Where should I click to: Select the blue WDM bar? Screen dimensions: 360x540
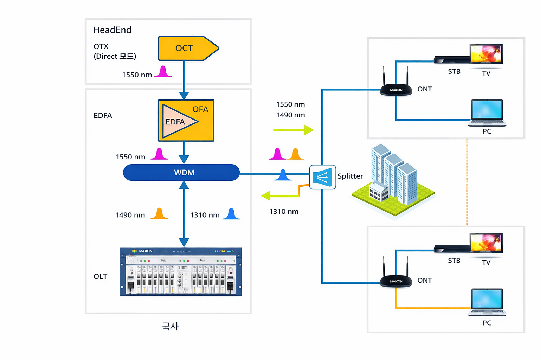(x=181, y=173)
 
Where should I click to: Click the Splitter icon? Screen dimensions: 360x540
(x=322, y=177)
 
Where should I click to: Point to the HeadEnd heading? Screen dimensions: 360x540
(x=112, y=30)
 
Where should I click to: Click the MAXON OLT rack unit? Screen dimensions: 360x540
(x=181, y=271)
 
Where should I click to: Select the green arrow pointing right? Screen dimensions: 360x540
(x=294, y=130)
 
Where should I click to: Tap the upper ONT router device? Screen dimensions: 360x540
(x=396, y=89)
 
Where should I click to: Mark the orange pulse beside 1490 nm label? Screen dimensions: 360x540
(x=159, y=213)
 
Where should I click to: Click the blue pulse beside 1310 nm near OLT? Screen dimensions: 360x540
(x=231, y=214)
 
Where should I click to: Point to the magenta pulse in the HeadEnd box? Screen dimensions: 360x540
(x=163, y=71)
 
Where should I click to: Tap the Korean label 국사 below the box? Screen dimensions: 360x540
(x=170, y=326)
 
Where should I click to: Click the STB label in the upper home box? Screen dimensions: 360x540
(x=454, y=71)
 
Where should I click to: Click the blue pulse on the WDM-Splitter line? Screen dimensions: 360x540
(x=283, y=175)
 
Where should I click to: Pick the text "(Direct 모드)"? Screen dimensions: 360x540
(x=115, y=56)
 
